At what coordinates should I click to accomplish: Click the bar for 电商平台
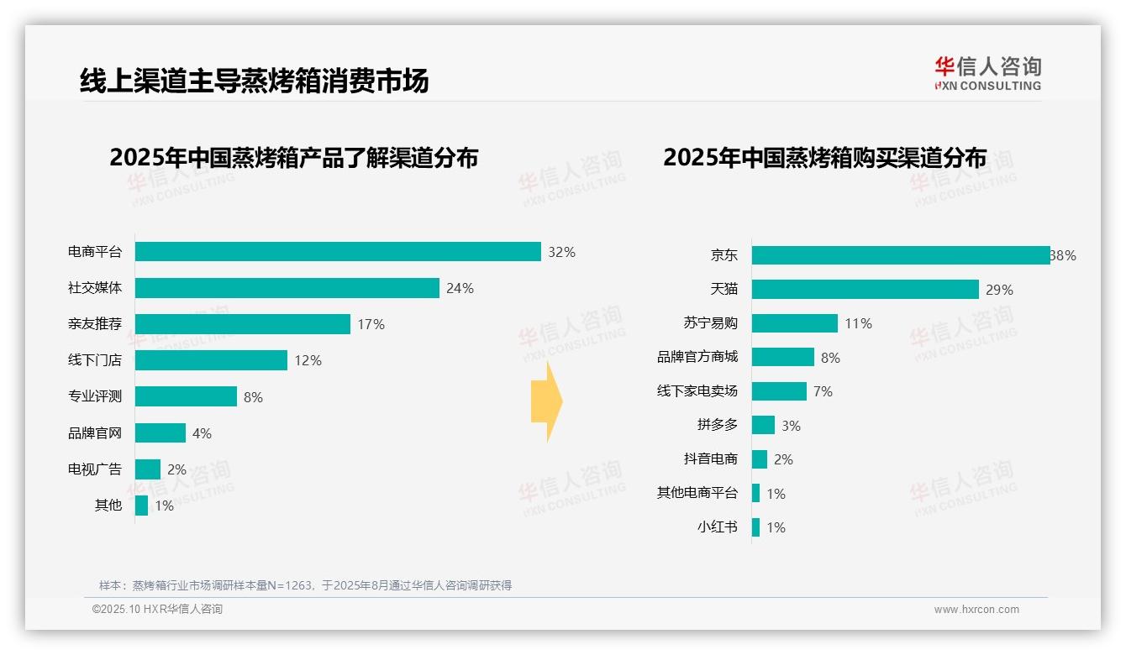pyautogui.click(x=338, y=252)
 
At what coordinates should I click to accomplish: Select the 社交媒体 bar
pyautogui.click(x=287, y=288)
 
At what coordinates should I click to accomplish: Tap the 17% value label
pyautogui.click(x=371, y=324)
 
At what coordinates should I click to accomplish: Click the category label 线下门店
pyautogui.click(x=95, y=360)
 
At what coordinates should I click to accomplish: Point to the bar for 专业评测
pyautogui.click(x=186, y=396)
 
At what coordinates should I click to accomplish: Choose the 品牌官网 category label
pyautogui.click(x=95, y=433)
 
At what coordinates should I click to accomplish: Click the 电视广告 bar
pyautogui.click(x=147, y=469)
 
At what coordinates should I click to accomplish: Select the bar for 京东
pyautogui.click(x=901, y=255)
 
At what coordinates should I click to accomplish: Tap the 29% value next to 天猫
pyautogui.click(x=999, y=290)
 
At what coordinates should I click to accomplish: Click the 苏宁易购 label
pyautogui.click(x=710, y=323)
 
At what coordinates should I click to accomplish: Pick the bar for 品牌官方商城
pyautogui.click(x=782, y=357)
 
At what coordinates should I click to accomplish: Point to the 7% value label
pyautogui.click(x=823, y=391)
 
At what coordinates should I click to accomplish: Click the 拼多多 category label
pyautogui.click(x=717, y=425)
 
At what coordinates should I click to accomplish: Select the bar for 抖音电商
pyautogui.click(x=760, y=459)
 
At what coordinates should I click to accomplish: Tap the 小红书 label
pyautogui.click(x=717, y=527)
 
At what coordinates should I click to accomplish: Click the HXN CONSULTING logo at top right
pyautogui.click(x=987, y=74)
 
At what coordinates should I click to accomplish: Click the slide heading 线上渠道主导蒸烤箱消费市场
pyautogui.click(x=254, y=81)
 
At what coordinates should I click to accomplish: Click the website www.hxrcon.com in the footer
pyautogui.click(x=976, y=610)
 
